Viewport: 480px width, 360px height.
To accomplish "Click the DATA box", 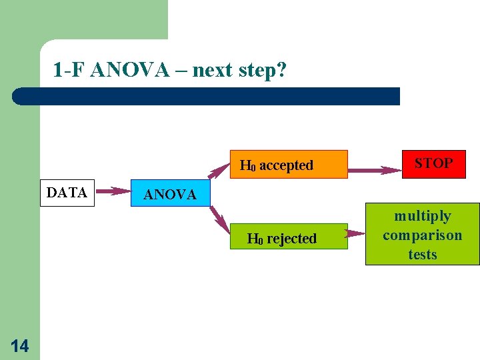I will tap(67, 193).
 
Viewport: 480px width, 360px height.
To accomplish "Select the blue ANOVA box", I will tap(170, 194).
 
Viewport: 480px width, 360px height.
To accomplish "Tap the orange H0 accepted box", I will tap(289, 165).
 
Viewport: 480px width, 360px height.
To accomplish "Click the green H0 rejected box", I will tap(289, 237).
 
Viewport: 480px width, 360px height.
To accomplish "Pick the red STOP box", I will tap(433, 164).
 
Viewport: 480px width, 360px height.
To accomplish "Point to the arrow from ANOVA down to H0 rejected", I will tap(218, 218).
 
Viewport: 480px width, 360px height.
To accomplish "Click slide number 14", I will tap(19, 345).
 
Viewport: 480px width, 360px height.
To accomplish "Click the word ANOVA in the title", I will tap(129, 70).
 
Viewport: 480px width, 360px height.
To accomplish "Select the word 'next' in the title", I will tap(212, 70).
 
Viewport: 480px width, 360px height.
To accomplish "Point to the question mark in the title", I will tap(281, 70).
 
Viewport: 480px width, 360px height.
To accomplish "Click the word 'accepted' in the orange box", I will tap(286, 165).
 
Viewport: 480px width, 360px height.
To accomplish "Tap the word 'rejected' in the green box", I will tap(291, 239).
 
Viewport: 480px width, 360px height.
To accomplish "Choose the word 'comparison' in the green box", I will tap(422, 235).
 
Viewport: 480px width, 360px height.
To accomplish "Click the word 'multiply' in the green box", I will tap(422, 216).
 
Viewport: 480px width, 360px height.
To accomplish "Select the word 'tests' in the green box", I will tap(422, 255).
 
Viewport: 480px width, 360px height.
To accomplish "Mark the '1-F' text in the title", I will tap(69, 70).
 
